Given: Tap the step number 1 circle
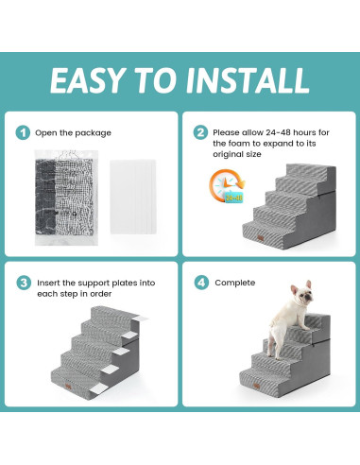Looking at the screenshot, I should point(23,132).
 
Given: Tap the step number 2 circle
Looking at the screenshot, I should point(200,133).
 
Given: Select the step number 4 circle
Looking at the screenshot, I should point(200,283).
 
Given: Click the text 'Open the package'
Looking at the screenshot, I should point(74,132).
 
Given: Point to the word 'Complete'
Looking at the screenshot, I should point(235,283).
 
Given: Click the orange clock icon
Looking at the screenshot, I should point(226,186).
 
